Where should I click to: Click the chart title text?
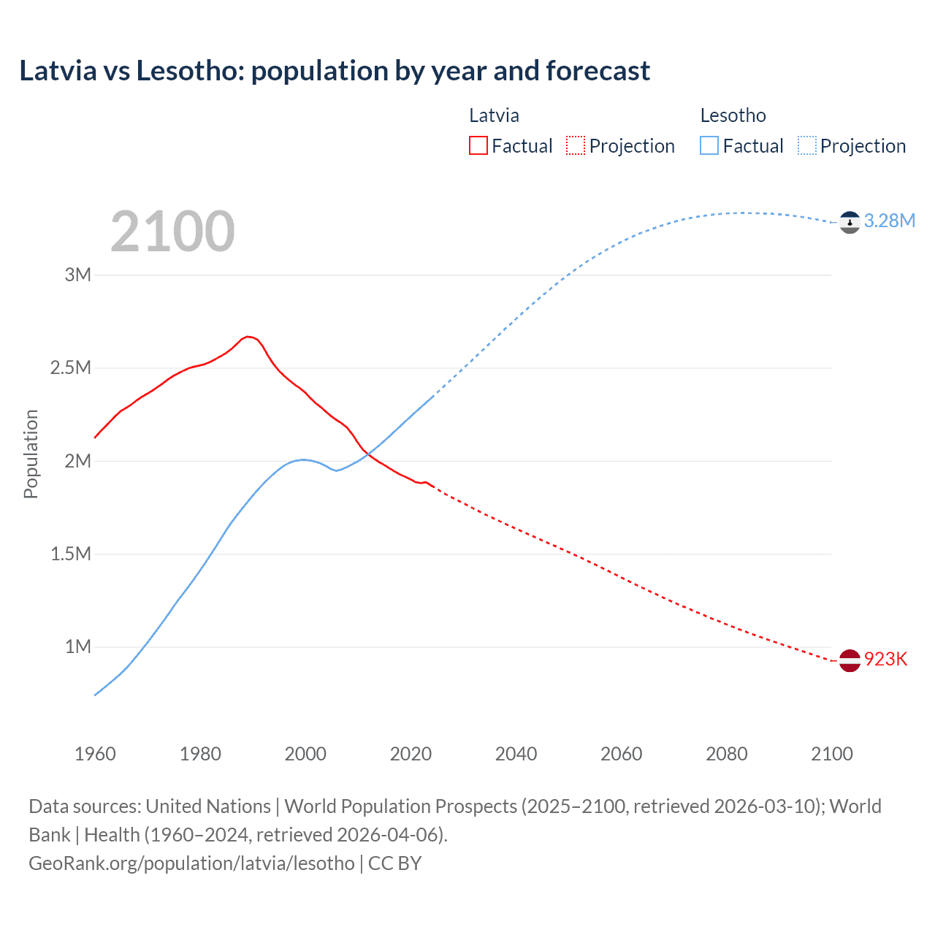click(x=335, y=71)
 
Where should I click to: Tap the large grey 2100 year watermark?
click(x=172, y=232)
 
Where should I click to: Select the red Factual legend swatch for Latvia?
click(x=478, y=145)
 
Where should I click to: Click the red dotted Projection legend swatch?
click(x=576, y=145)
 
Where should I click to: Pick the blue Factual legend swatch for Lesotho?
click(x=709, y=145)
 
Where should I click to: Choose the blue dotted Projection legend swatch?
click(x=806, y=145)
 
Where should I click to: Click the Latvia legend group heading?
click(x=494, y=115)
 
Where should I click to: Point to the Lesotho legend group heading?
click(x=733, y=115)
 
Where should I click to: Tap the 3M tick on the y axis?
click(x=78, y=275)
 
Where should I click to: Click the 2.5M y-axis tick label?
click(x=71, y=367)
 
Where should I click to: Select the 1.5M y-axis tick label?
click(x=71, y=554)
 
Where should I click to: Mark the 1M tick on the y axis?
click(x=78, y=646)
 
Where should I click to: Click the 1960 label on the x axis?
click(x=95, y=754)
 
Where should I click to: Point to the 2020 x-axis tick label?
click(x=411, y=754)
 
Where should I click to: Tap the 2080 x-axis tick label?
click(x=726, y=754)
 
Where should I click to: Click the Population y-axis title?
click(x=31, y=454)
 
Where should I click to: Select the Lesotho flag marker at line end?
click(x=850, y=222)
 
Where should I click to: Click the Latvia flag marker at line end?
click(x=850, y=660)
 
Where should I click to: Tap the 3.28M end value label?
click(x=889, y=221)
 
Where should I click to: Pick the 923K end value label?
click(x=885, y=660)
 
